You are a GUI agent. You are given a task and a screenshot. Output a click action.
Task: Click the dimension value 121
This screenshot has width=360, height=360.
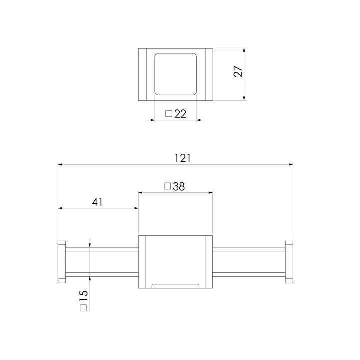coord(183,158)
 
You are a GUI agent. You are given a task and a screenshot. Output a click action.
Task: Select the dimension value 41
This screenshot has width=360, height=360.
coord(97,202)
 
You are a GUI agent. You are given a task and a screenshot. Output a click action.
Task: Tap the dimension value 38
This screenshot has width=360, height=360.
coord(179,186)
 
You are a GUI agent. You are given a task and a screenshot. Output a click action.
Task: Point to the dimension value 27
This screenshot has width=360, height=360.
coord(238,71)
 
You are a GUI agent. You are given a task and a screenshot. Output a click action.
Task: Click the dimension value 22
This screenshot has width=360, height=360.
coord(180,114)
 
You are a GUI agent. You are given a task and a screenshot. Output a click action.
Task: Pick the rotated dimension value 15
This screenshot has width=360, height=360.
coord(84,296)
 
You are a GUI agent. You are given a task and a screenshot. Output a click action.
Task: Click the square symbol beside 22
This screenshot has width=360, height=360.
coord(169,113)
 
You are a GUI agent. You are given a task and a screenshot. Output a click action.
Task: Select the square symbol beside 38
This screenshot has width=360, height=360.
coord(167,186)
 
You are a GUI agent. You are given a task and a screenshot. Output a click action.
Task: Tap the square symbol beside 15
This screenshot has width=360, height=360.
coord(83,308)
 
